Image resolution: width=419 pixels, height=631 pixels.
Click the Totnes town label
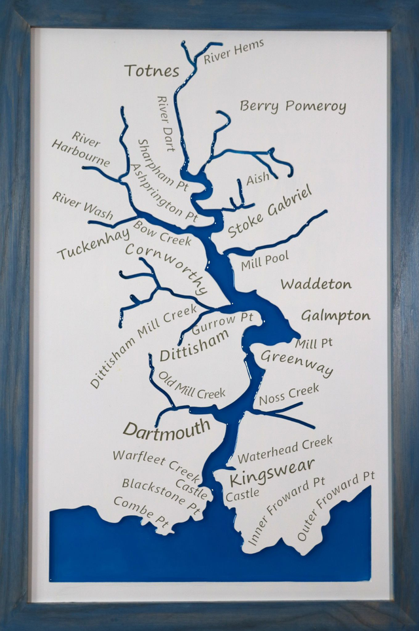click(151, 70)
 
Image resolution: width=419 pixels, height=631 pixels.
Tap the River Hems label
click(234, 52)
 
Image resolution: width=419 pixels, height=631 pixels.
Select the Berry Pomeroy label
click(293, 105)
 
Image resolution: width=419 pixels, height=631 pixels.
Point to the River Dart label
click(166, 124)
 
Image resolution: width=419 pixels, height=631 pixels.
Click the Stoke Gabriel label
click(270, 211)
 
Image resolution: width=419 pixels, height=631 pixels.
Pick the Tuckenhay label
click(93, 244)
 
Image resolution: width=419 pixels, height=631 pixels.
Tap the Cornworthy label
click(166, 268)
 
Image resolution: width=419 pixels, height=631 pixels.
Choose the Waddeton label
click(316, 284)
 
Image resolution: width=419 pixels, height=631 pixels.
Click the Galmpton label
click(335, 315)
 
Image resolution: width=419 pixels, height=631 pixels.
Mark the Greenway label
click(297, 362)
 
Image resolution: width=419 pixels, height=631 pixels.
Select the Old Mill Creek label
click(192, 386)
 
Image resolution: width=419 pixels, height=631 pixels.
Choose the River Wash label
click(82, 206)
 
